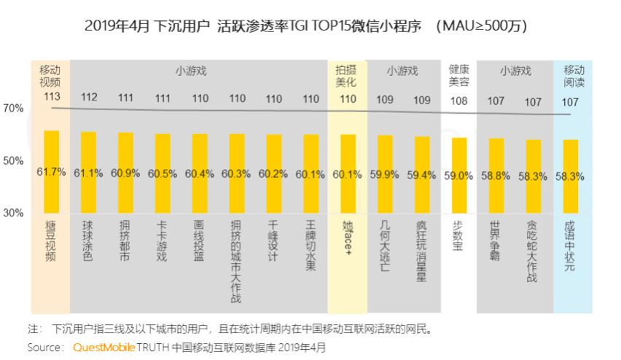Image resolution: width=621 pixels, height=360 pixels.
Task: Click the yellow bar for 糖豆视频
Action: click(x=51, y=171)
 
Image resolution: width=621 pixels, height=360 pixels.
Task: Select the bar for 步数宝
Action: click(x=459, y=175)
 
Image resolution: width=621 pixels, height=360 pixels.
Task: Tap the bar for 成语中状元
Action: click(x=571, y=175)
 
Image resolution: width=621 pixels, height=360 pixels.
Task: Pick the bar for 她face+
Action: click(x=348, y=173)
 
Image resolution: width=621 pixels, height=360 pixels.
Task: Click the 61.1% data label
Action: click(x=88, y=173)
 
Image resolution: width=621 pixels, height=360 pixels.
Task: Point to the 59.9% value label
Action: click(x=385, y=174)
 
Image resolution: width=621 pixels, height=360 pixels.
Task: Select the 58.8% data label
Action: click(x=496, y=175)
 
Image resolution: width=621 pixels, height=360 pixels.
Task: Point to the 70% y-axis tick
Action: click(x=14, y=108)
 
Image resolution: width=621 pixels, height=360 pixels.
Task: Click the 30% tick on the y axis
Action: click(x=14, y=213)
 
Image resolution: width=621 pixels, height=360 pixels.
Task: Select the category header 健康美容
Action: click(x=459, y=77)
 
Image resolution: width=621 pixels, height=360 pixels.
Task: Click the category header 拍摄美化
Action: click(x=348, y=77)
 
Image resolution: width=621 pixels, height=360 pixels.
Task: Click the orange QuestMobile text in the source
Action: click(x=103, y=348)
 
